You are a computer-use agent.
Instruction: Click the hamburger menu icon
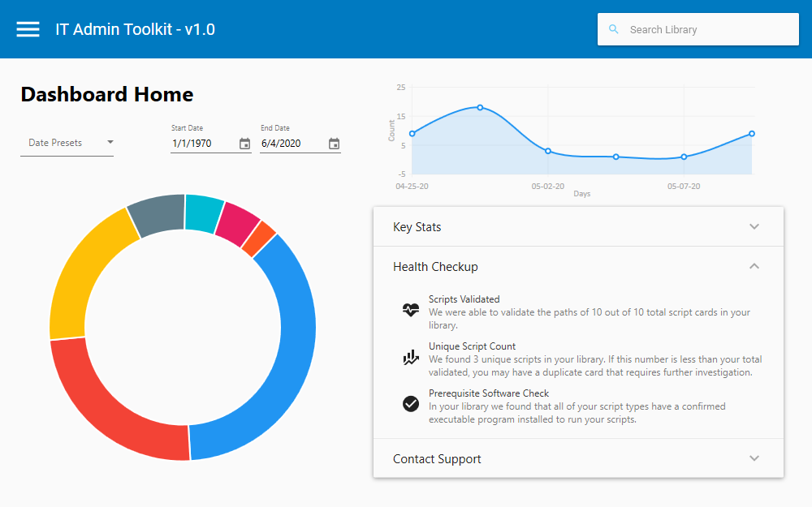[28, 29]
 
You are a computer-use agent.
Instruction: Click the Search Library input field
[706, 29]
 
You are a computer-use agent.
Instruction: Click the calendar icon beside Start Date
[244, 144]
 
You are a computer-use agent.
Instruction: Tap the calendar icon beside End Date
[334, 144]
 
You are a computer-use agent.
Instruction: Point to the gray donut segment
[157, 215]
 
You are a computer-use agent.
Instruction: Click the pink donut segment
[236, 220]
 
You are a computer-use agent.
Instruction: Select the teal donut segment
[204, 213]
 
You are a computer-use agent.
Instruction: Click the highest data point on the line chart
[480, 107]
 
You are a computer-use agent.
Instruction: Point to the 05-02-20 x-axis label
[548, 187]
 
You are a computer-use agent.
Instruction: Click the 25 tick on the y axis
[400, 87]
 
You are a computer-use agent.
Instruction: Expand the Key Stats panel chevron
[754, 226]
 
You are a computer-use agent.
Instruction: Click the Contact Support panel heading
[437, 459]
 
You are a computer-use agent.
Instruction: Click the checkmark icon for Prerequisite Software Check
[411, 403]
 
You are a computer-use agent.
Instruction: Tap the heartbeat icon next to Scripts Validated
[411, 309]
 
